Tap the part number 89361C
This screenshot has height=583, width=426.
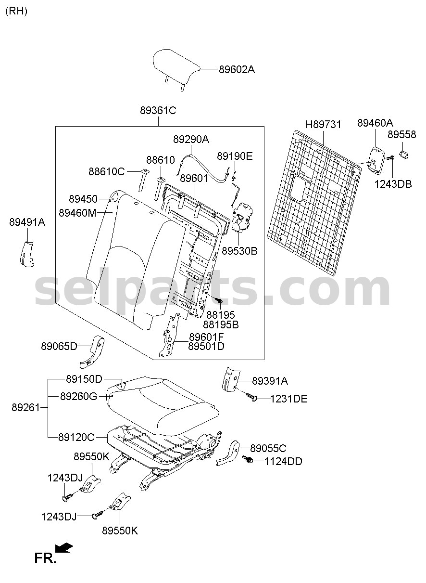pos(158,110)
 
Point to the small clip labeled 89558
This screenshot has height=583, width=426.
pos(403,155)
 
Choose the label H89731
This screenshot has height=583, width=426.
pos(323,124)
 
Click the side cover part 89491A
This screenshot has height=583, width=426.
pos(27,254)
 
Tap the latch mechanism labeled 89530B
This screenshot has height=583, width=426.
pos(242,218)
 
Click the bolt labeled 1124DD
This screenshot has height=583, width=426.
pos(248,459)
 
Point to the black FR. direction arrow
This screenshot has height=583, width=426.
pos(64,547)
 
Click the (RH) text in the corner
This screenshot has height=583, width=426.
pos(16,11)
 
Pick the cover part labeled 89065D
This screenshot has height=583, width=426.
pos(92,352)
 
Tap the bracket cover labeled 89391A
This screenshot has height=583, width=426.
pos(230,379)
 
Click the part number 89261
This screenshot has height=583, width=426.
pos(26,407)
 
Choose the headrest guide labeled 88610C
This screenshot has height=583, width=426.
pos(143,181)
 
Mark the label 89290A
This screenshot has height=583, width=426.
pos(191,140)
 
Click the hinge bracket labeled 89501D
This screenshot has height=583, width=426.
pos(168,335)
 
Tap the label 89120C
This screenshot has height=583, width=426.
pos(76,437)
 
